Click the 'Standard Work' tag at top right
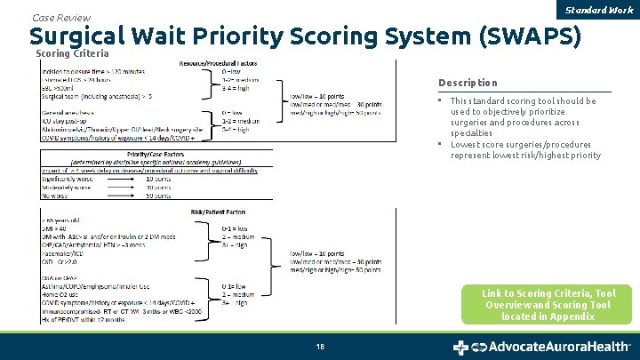click(608, 10)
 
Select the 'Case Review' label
click(60, 17)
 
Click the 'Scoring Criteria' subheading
click(72, 54)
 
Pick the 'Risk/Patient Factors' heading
click(218, 212)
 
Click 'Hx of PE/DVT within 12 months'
click(88, 317)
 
